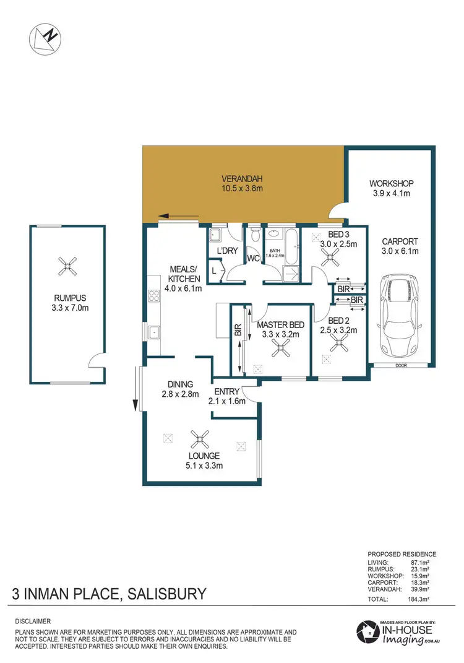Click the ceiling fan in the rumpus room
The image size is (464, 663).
[x=67, y=266]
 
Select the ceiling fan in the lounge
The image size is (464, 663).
[x=200, y=440]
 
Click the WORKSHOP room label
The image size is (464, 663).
[x=391, y=184]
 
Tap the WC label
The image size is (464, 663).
[x=254, y=257]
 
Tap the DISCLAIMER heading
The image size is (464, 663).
[x=34, y=620]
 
